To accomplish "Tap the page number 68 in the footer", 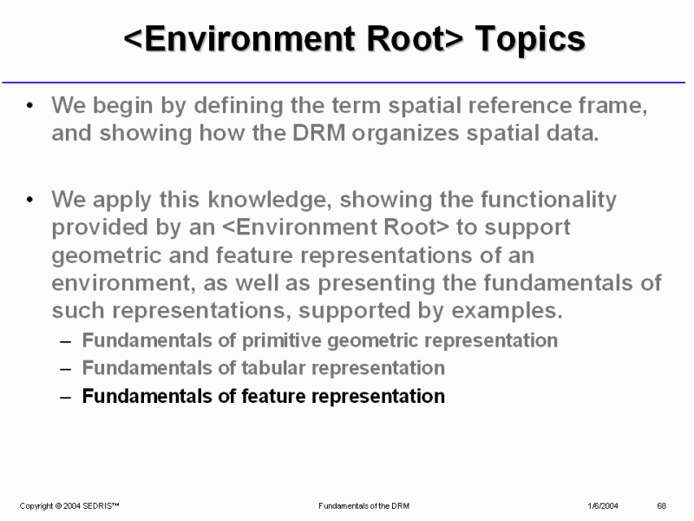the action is coord(661,506).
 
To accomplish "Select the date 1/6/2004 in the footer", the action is coord(603,506).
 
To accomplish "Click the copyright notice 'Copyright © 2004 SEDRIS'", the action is coord(69,506).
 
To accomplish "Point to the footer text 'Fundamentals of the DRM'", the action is coord(363,506).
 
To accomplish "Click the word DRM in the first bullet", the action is coord(318,133).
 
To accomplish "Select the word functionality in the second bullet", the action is coord(548,201).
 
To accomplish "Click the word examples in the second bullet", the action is coord(507,311).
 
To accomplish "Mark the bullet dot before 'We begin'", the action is coord(29,106).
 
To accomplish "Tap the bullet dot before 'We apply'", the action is coord(29,200).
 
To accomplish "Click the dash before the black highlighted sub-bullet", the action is coord(66,398).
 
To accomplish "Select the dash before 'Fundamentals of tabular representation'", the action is coord(66,370).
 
